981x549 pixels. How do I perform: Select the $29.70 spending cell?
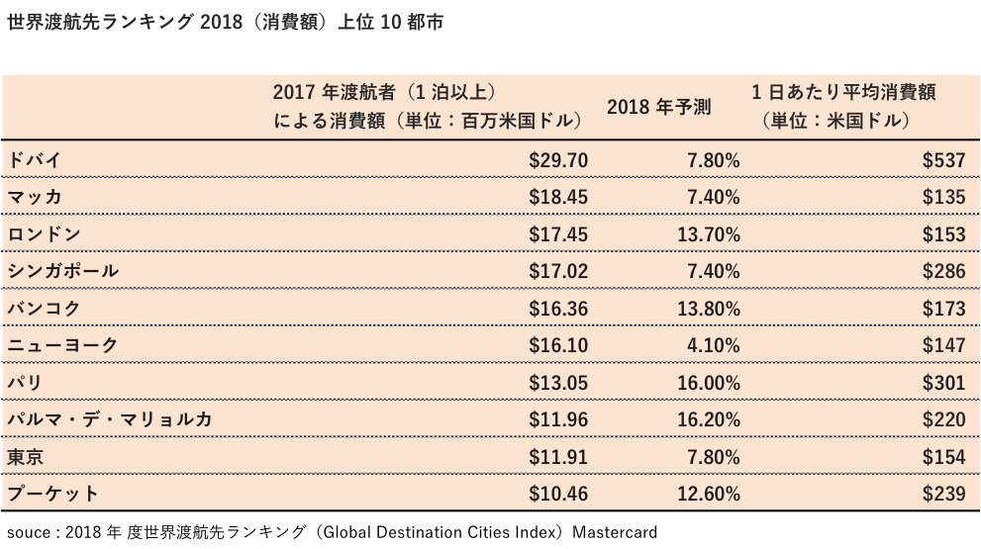tap(558, 159)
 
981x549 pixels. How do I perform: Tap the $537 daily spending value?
tap(943, 159)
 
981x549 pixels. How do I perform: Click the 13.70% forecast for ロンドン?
tap(707, 234)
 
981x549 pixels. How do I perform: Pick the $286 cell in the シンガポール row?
tap(943, 271)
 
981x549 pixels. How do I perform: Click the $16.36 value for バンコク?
tap(558, 309)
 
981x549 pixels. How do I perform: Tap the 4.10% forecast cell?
tap(713, 345)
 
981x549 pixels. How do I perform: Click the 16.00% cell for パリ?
tap(707, 383)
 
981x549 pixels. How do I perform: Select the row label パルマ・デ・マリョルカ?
tap(109, 419)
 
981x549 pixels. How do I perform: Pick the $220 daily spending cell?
tap(943, 419)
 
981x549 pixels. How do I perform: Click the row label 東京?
tap(24, 457)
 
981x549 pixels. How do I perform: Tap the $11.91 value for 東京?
tap(558, 457)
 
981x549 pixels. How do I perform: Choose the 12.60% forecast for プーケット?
tap(707, 494)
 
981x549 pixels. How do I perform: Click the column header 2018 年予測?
tap(659, 107)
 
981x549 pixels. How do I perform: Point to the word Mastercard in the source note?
tap(612, 531)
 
